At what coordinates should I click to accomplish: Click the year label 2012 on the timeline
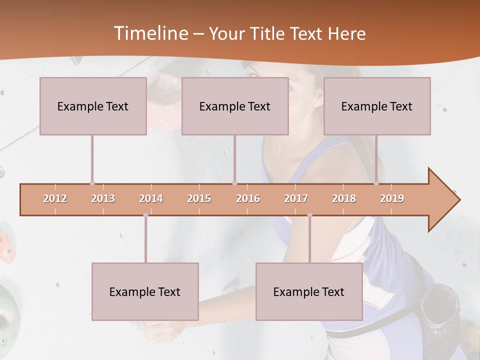pyautogui.click(x=55, y=198)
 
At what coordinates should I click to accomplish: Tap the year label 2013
pyautogui.click(x=103, y=198)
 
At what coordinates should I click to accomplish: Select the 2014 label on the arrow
pyautogui.click(x=151, y=198)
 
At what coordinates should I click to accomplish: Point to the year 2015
pyautogui.click(x=199, y=198)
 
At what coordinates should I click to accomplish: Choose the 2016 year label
pyautogui.click(x=248, y=198)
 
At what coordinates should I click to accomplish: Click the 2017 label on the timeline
pyautogui.click(x=296, y=198)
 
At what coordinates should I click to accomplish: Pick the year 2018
pyautogui.click(x=344, y=198)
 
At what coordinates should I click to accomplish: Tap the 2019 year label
pyautogui.click(x=392, y=198)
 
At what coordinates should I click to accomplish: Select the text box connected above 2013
pyautogui.click(x=93, y=106)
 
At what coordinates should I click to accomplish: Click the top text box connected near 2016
pyautogui.click(x=235, y=106)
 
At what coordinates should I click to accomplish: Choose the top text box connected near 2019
pyautogui.click(x=377, y=106)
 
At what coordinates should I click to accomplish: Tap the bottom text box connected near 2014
pyautogui.click(x=145, y=291)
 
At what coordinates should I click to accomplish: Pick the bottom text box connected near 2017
pyautogui.click(x=309, y=291)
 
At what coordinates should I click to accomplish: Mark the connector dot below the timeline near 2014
pyautogui.click(x=145, y=215)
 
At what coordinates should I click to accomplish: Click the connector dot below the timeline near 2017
pyautogui.click(x=309, y=215)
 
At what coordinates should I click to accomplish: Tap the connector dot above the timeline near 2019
pyautogui.click(x=376, y=183)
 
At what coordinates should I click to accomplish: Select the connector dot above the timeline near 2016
pyautogui.click(x=234, y=183)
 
